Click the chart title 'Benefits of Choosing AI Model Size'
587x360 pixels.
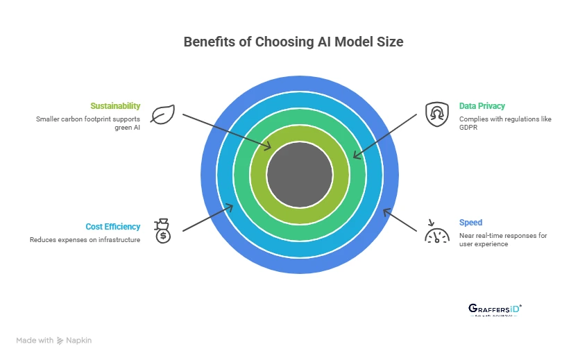(x=293, y=42)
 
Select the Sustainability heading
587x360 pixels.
(x=115, y=106)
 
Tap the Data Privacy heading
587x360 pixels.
(x=482, y=106)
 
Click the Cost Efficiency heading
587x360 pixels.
(x=112, y=227)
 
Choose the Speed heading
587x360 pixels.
(x=470, y=223)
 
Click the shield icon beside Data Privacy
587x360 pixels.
(x=434, y=112)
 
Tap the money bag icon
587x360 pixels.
(x=162, y=230)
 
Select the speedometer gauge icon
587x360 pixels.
(x=434, y=231)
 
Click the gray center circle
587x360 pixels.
(x=299, y=174)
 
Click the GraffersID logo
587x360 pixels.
(x=495, y=309)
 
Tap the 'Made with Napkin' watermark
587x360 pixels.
(x=54, y=341)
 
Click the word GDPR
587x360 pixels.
(x=468, y=128)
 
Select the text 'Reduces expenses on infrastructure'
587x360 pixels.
(x=85, y=239)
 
